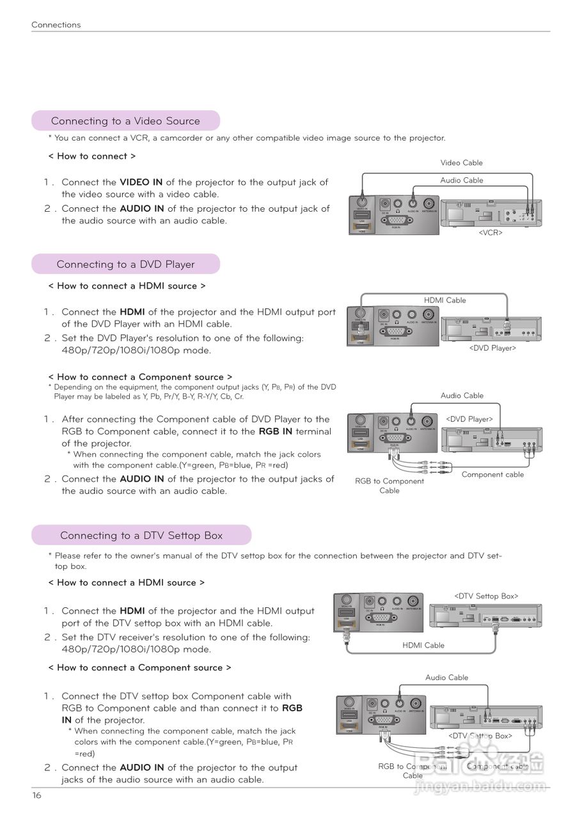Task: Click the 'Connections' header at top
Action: (56, 25)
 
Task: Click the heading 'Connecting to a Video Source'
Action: (125, 121)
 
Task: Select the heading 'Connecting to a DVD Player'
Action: (125, 264)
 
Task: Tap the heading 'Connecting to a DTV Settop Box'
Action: (141, 536)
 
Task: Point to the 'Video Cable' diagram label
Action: (461, 163)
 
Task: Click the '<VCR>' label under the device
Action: (491, 233)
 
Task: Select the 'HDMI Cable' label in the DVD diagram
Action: (444, 300)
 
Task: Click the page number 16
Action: (36, 795)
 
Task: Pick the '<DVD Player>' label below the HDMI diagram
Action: (492, 348)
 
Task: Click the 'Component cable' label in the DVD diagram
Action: (492, 475)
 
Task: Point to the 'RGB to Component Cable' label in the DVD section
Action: (389, 486)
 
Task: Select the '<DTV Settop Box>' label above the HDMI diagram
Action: (486, 596)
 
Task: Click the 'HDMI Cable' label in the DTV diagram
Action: (423, 646)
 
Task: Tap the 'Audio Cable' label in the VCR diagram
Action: (461, 180)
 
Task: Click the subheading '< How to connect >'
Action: (92, 156)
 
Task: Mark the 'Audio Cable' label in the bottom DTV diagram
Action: (446, 678)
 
